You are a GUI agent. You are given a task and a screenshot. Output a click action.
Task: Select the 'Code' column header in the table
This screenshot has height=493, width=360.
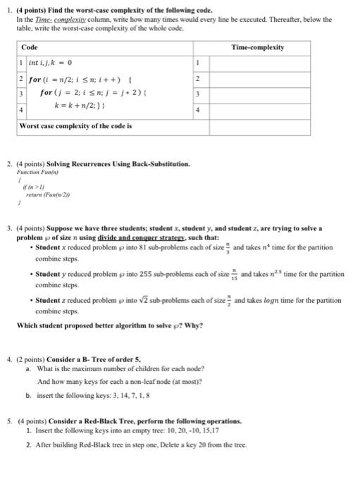click(30, 47)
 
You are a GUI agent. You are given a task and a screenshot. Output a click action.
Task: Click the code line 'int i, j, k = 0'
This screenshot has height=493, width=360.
click(51, 63)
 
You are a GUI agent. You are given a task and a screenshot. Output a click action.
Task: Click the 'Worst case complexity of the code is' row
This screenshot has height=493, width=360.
click(75, 125)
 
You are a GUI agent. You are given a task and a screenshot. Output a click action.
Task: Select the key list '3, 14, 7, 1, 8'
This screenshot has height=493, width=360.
click(130, 396)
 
